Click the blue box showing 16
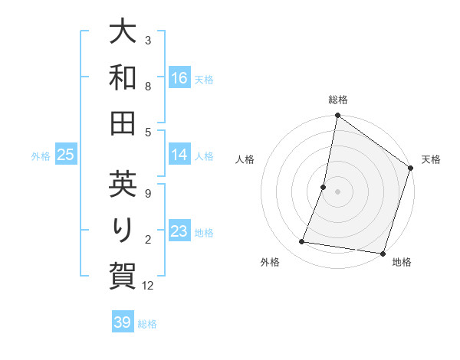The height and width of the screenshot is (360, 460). click(179, 77)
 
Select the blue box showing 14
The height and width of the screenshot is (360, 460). click(179, 155)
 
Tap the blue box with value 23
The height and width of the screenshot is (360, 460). click(179, 231)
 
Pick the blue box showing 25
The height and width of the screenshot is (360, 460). click(66, 155)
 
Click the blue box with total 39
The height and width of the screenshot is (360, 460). click(123, 322)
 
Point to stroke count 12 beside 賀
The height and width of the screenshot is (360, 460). click(149, 286)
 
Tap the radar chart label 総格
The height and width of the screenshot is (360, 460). click(337, 100)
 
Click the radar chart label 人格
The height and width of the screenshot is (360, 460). click(245, 159)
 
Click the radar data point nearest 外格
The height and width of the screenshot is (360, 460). click(302, 242)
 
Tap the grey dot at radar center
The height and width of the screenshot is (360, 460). click(337, 191)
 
